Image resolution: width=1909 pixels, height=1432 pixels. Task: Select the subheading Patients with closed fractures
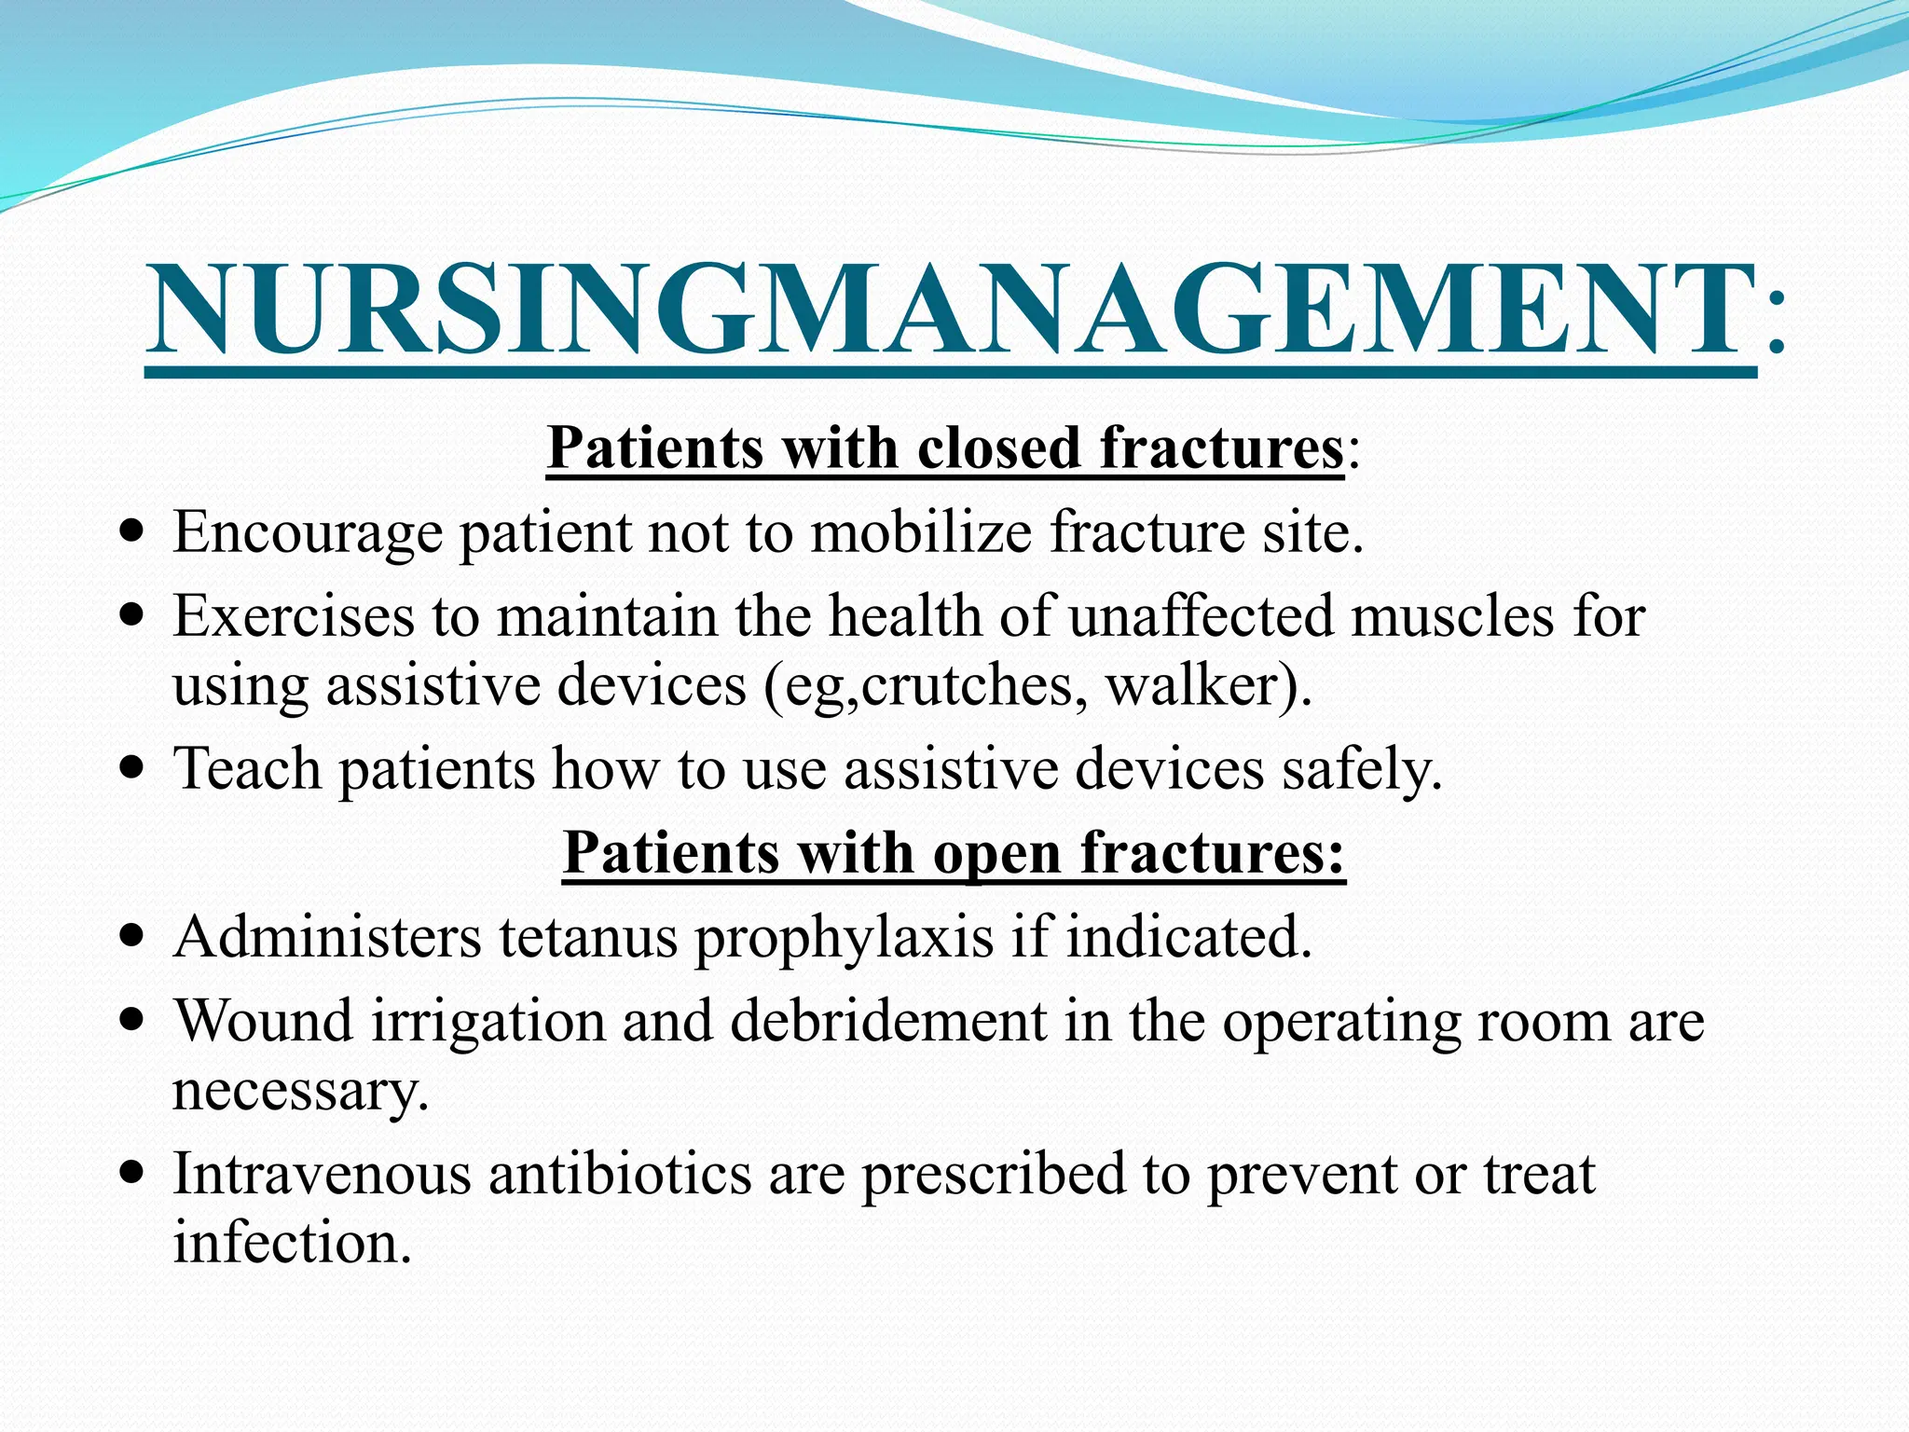click(945, 449)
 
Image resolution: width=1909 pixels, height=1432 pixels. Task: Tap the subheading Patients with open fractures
click(954, 853)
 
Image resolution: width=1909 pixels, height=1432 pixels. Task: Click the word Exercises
click(293, 617)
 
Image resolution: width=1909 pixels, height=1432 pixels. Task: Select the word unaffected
click(1201, 617)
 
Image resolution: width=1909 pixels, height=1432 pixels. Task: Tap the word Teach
click(247, 769)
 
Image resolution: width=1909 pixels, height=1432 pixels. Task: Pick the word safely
click(1360, 771)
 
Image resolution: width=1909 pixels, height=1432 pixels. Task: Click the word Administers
click(327, 937)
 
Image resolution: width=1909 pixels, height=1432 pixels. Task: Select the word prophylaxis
click(844, 939)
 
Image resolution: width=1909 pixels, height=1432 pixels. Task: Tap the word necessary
click(299, 1091)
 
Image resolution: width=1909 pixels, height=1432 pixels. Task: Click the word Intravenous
click(322, 1174)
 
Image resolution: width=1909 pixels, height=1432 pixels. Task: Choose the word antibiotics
click(620, 1174)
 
